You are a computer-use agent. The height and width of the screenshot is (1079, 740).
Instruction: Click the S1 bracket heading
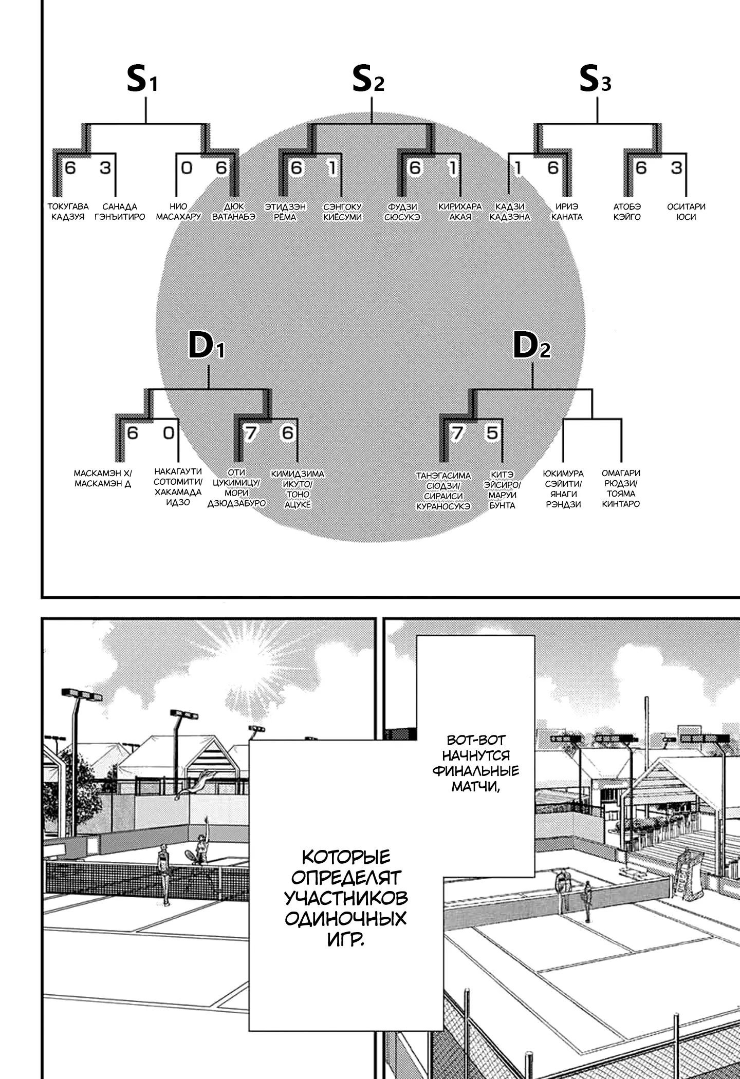[x=142, y=80]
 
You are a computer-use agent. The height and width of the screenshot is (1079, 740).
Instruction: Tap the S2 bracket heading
[x=368, y=80]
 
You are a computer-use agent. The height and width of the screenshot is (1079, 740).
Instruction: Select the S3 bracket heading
[x=595, y=80]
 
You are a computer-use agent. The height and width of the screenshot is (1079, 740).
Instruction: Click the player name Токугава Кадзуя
[x=68, y=212]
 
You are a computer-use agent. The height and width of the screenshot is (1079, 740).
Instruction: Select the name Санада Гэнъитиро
[x=120, y=212]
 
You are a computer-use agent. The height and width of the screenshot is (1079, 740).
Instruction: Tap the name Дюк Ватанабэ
[x=234, y=212]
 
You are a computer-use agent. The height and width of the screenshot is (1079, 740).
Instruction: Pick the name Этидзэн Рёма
[x=285, y=212]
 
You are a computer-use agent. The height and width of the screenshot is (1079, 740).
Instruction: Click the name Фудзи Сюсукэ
[x=402, y=212]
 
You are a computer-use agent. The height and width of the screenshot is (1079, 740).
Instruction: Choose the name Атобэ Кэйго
[x=627, y=212]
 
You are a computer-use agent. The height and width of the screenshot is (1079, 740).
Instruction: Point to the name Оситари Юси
[x=686, y=212]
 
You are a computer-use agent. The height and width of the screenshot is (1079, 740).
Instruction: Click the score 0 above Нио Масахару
[x=187, y=168]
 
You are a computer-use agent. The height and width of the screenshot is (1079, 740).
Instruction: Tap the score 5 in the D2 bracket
[x=492, y=433]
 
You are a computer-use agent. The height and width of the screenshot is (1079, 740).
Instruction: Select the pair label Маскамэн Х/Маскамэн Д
[x=103, y=478]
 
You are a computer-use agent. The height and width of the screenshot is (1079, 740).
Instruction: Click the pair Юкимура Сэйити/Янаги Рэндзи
[x=563, y=488]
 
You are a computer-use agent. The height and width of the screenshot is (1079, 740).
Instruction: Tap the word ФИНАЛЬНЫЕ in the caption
[x=475, y=770]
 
